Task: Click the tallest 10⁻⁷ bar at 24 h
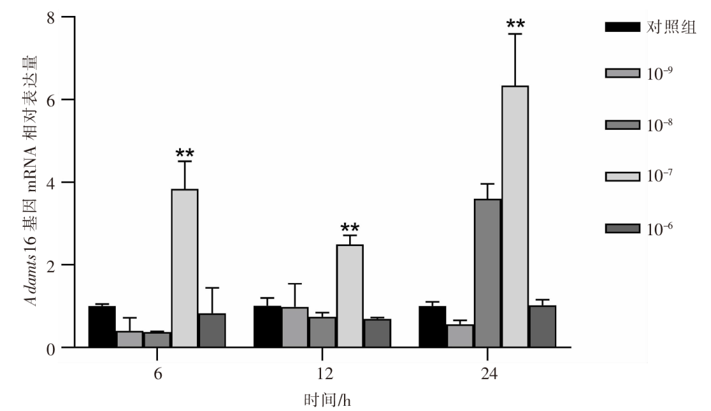point(515,217)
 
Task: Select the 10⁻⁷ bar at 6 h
point(185,268)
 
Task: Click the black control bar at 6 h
point(102,327)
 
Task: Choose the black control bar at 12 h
point(267,327)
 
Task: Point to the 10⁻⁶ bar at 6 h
point(212,330)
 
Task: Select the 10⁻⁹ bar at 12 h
point(295,327)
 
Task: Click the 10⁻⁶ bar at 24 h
point(542,327)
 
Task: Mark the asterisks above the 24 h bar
point(515,25)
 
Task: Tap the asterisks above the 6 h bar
point(185,153)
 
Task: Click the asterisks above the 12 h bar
point(350,228)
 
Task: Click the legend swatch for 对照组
point(621,27)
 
